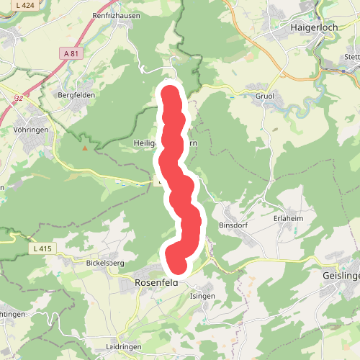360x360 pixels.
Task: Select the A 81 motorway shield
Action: coord(70,53)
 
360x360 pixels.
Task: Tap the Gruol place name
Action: coord(265,96)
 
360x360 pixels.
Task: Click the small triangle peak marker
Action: coord(85,148)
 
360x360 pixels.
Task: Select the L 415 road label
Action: coord(42,248)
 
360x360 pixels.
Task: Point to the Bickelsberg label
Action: coord(105,263)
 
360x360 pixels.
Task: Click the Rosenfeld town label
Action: coord(156,283)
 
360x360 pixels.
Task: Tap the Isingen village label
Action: coord(202,296)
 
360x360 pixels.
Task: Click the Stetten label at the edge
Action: coord(351,56)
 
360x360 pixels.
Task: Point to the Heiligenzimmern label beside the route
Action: coord(148,143)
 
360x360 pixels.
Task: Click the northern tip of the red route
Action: coord(170,91)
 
